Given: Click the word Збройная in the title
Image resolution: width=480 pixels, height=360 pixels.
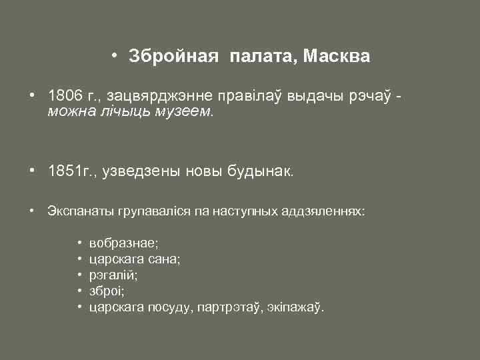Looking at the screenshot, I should coord(173,57).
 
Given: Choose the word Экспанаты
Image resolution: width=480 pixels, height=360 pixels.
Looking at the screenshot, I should coord(79,211).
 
